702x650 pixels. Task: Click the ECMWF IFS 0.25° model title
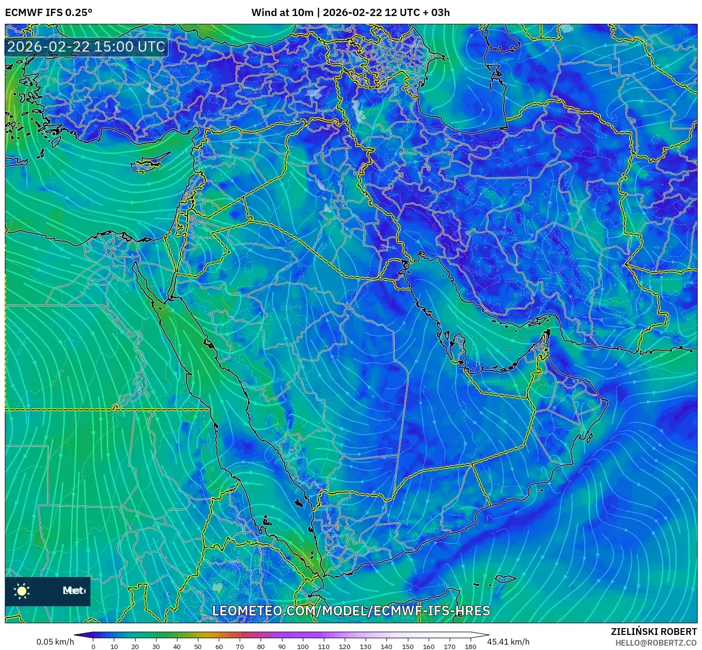49,13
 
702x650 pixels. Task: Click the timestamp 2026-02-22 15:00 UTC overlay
86,47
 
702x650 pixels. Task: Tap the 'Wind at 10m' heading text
282,13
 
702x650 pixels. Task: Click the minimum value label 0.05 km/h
55,642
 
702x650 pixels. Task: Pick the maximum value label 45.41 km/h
509,642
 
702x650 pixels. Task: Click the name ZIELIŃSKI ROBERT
654,632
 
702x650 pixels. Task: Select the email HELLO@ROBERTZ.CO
656,643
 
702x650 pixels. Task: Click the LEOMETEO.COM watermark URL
351,611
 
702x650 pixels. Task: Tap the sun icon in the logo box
22,591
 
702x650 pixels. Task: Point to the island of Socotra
506,579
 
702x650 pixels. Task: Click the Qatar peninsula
457,347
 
